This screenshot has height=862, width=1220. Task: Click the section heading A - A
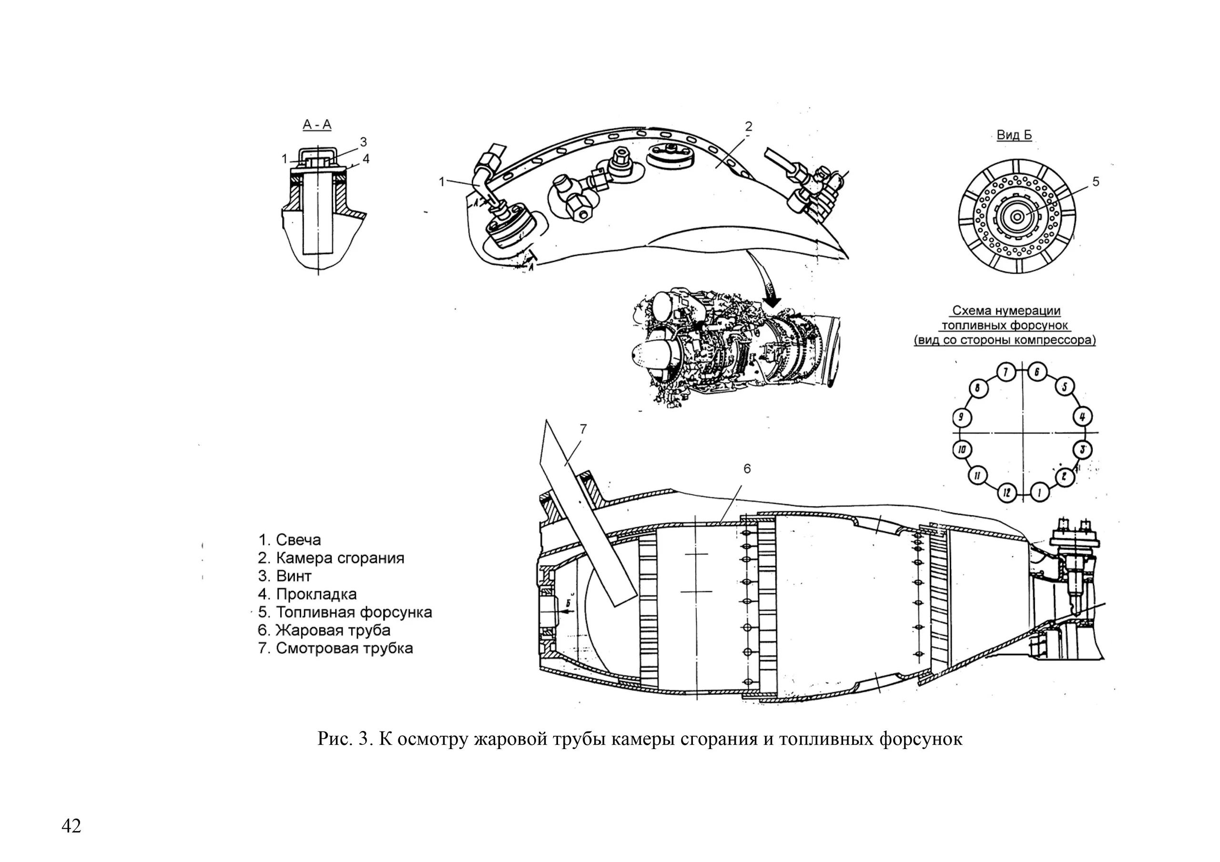(317, 125)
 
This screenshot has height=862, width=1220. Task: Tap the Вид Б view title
(1014, 135)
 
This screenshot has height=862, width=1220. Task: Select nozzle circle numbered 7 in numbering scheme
(1006, 372)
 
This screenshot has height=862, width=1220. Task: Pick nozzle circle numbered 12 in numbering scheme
(1006, 493)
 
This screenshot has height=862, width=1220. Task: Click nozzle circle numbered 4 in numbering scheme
(1083, 416)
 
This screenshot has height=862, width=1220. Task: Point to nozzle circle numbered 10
(961, 450)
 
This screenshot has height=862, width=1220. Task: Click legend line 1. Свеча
(290, 540)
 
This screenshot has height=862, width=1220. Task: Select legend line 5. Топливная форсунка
(346, 612)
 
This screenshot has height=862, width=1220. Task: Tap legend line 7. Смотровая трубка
(335, 649)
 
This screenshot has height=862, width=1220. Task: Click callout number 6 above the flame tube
(747, 469)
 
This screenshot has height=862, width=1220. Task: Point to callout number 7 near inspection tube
(583, 429)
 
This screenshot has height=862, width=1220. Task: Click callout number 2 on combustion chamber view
(748, 126)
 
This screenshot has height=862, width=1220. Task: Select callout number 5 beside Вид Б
(1096, 182)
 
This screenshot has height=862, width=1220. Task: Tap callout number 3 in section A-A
(364, 142)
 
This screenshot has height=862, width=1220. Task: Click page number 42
(71, 826)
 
